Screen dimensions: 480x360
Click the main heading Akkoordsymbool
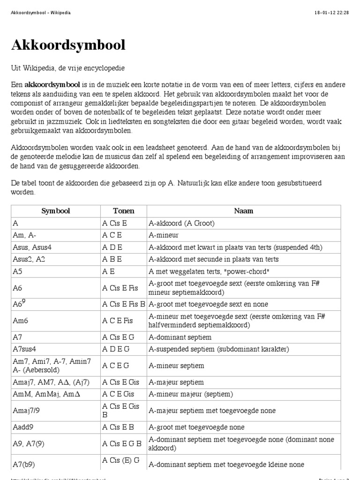tap(68, 45)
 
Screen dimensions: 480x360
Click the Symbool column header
tap(55, 211)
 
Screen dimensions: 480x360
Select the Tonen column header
tap(123, 211)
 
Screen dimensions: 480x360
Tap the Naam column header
tap(243, 211)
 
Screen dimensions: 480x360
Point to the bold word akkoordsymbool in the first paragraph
tap(52, 85)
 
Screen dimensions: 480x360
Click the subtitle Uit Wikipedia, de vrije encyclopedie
tap(68, 68)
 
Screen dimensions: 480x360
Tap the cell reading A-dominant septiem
tap(180, 337)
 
